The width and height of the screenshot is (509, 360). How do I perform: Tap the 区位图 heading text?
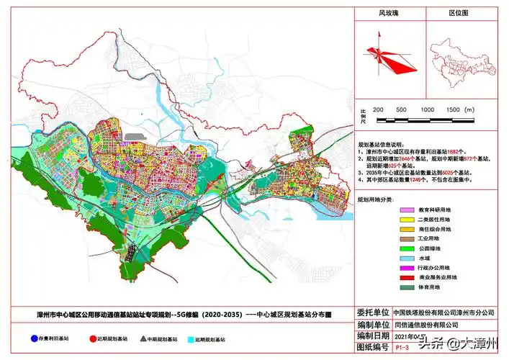(x=459, y=14)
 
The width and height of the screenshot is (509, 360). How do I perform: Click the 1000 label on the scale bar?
(x=427, y=108)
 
